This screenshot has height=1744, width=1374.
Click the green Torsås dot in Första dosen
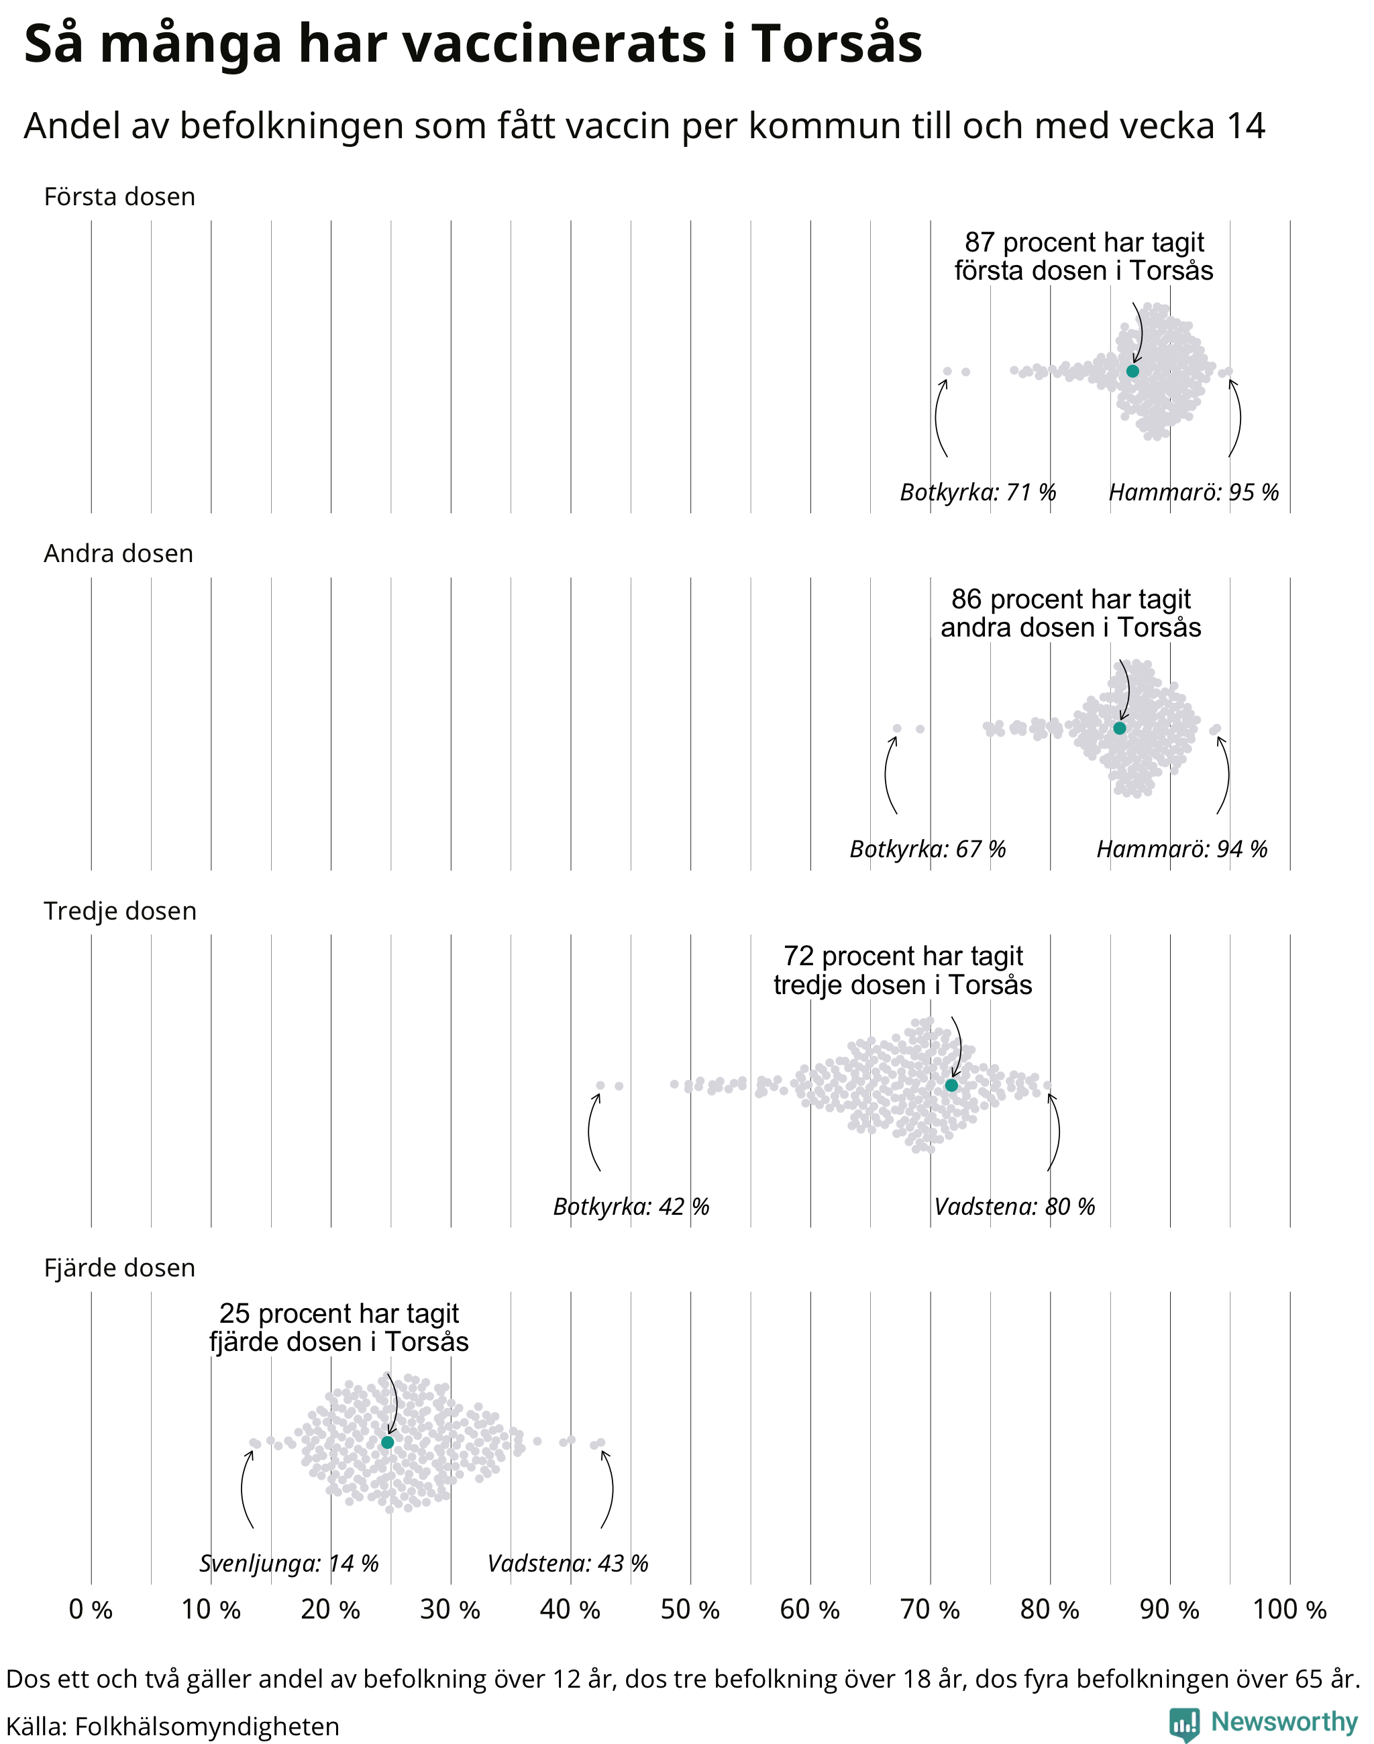tap(1132, 371)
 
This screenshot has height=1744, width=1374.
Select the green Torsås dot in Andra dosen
tap(1119, 728)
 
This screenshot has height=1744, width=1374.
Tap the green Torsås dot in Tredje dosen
tap(951, 1085)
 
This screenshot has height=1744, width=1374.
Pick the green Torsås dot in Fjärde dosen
tap(388, 1442)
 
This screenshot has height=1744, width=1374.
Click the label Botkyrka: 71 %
tap(977, 492)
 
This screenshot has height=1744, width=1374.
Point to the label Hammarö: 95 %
tap(1194, 492)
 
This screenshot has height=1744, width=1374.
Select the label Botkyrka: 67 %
tap(928, 849)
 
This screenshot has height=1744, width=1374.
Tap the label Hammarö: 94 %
tap(1181, 849)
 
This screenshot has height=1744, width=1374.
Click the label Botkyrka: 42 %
tap(631, 1206)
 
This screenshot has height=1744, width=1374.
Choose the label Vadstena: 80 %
tap(1014, 1206)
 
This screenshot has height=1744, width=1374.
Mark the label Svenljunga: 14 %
tap(288, 1563)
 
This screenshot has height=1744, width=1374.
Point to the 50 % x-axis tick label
tap(690, 1610)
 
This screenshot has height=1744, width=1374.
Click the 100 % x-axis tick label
tap(1289, 1610)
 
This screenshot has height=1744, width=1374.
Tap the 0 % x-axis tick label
tap(91, 1610)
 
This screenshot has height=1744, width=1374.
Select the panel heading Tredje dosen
tap(120, 911)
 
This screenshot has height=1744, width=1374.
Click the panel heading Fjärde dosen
tap(120, 1268)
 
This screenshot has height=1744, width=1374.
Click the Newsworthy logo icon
tap(1185, 1724)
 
